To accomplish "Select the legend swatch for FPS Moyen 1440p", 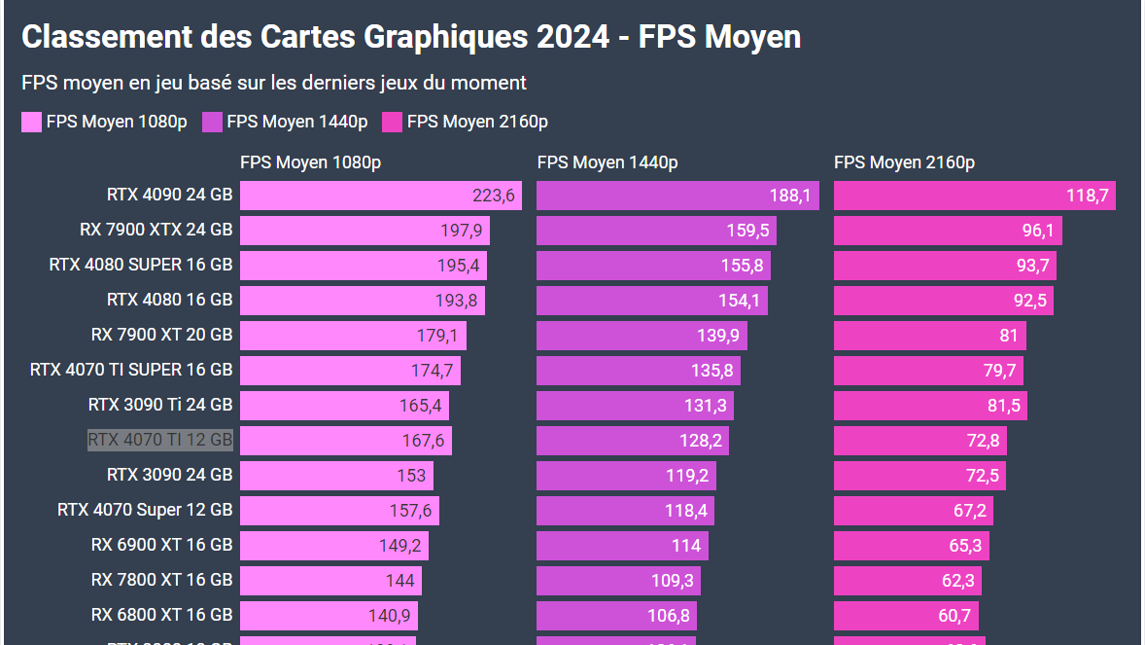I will click(212, 122).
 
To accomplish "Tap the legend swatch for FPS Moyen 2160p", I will click(392, 122).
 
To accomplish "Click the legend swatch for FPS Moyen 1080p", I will click(32, 122).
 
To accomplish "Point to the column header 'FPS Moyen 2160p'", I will click(904, 162).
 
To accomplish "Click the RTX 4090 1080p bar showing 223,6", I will click(380, 196).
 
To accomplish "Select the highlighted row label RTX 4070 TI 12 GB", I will click(160, 440).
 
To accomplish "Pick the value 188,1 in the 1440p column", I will click(789, 196).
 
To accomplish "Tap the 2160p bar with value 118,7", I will click(974, 196).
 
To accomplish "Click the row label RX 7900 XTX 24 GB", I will click(156, 230).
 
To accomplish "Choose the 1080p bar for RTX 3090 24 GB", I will click(336, 476).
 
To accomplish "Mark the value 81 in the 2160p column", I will click(1008, 336).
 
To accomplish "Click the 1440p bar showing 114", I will click(622, 546).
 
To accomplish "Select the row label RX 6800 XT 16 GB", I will click(161, 615).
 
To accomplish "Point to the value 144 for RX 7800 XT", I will click(399, 581).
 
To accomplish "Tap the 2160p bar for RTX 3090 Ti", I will click(929, 406).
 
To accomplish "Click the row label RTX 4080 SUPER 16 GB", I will click(141, 265).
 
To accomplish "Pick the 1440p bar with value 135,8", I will click(638, 371).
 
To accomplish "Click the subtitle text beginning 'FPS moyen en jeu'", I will click(274, 83).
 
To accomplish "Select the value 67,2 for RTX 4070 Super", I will click(969, 511).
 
